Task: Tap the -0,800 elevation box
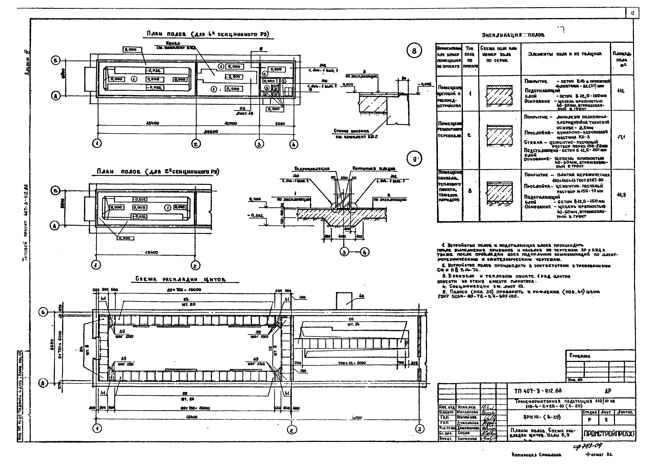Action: pyautogui.click(x=234, y=77)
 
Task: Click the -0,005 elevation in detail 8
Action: pyautogui.click(x=424, y=84)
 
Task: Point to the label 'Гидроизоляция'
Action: pyautogui.click(x=312, y=169)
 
